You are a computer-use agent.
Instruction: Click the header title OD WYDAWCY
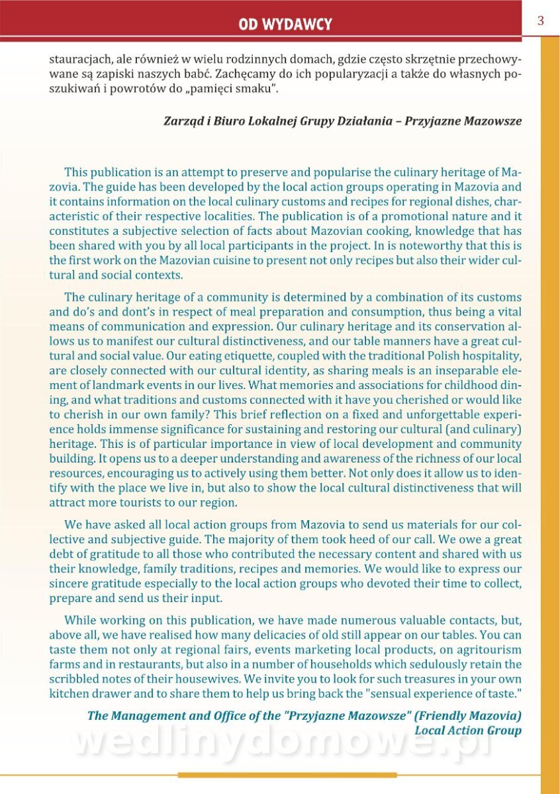click(285, 25)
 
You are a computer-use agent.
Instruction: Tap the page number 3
click(540, 21)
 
